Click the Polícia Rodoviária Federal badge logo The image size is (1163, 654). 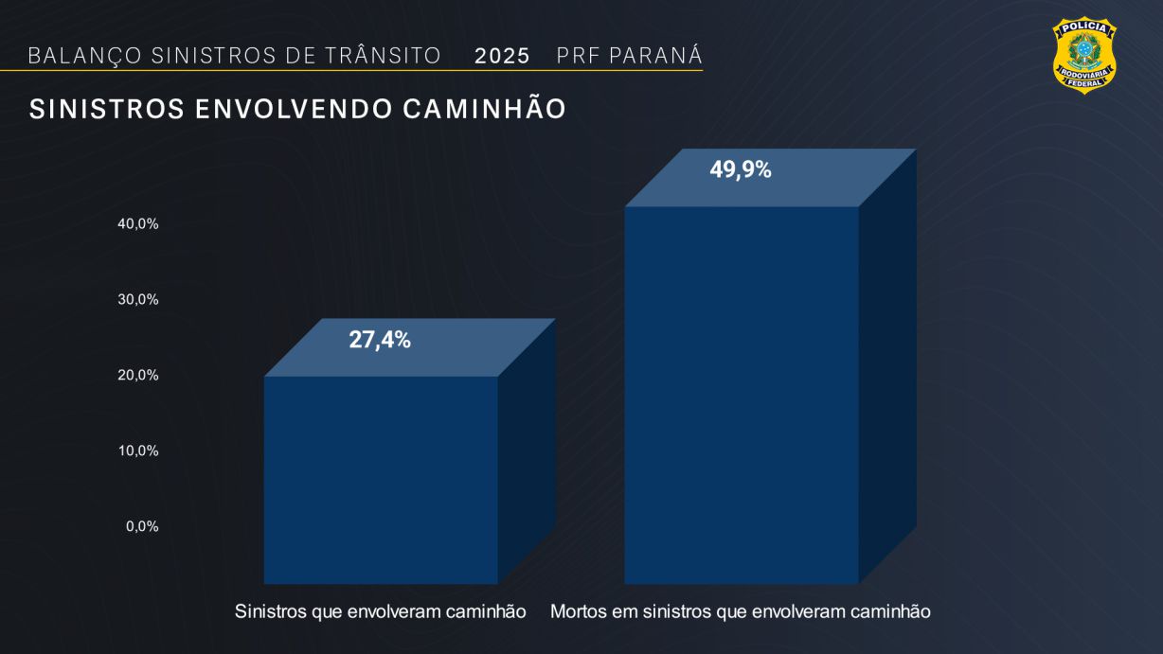1084,55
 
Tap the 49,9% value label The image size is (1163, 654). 741,170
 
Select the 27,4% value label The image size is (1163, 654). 380,340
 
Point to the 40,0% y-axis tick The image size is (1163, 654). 138,223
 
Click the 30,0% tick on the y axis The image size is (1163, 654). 138,299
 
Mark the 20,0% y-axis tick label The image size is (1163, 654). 138,375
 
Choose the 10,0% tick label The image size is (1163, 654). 138,451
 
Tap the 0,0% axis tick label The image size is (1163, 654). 142,526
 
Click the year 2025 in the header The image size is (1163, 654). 502,56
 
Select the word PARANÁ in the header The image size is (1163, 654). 655,56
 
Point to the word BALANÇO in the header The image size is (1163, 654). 85,56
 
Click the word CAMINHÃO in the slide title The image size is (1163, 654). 484,110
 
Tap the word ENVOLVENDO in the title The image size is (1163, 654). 295,110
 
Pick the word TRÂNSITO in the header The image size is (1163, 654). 383,56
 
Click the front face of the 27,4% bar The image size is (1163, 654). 381,479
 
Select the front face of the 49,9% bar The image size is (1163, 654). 741,394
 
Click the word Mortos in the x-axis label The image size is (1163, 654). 579,611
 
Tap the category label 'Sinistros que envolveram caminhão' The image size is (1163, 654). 380,611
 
